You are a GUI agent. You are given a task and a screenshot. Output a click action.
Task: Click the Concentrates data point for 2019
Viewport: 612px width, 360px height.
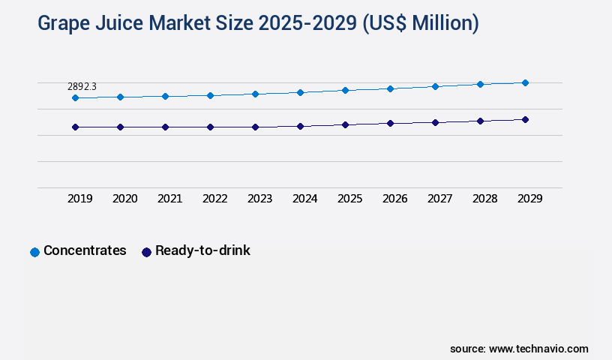75,97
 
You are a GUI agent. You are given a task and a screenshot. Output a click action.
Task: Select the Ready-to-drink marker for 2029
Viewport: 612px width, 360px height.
525,119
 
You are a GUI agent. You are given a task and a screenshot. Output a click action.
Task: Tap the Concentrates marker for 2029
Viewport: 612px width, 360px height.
525,82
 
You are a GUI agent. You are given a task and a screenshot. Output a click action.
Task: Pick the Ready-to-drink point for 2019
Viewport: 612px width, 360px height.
75,127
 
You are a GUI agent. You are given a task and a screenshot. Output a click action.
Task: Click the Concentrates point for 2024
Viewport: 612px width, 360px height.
300,92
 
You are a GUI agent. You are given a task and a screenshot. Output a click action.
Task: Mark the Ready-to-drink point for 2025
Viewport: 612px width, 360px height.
345,124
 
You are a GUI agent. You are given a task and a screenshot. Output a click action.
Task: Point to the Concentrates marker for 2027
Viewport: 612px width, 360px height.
435,86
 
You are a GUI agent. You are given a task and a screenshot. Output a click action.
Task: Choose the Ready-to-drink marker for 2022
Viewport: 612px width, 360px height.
210,127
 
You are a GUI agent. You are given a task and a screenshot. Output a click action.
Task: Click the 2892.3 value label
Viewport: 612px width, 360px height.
81,87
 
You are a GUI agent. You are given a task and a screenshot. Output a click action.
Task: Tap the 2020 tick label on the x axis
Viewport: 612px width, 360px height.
124,199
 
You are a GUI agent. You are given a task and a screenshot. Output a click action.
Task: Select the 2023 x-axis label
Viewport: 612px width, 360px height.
259,199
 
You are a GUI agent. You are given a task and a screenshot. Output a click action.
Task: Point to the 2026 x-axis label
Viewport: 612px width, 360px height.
394,199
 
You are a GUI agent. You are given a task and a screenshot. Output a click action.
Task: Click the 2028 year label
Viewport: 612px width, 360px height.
484,199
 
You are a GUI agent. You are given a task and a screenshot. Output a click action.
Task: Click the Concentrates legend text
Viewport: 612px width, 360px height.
85,250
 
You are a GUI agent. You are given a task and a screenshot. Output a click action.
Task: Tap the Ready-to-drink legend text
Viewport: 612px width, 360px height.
202,250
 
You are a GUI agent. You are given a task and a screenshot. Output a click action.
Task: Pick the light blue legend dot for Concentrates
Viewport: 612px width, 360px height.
34,252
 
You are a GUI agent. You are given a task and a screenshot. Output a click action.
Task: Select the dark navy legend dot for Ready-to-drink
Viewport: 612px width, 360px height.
146,252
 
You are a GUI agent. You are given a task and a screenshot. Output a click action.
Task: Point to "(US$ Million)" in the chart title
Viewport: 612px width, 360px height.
421,24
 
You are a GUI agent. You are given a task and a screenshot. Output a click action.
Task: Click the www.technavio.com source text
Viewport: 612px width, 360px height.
538,349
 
